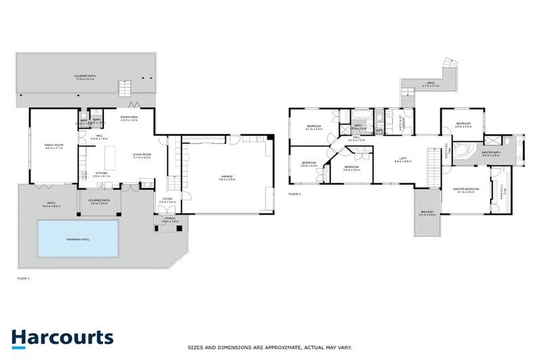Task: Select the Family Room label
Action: click(x=53, y=146)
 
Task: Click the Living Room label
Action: click(x=143, y=156)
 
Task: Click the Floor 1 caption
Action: click(x=23, y=279)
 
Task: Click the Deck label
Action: click(x=430, y=83)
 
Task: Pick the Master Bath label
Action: click(x=491, y=153)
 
